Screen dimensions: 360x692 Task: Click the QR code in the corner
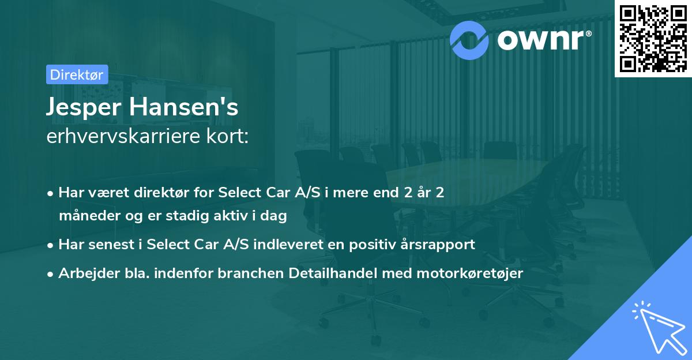click(x=653, y=38)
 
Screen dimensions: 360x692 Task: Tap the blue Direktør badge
click(x=77, y=74)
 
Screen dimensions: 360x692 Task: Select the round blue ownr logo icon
click(x=469, y=39)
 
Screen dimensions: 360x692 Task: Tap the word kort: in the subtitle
click(x=229, y=137)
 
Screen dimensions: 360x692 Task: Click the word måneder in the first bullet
click(x=85, y=216)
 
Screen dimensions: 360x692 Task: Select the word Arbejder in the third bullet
click(x=84, y=273)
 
